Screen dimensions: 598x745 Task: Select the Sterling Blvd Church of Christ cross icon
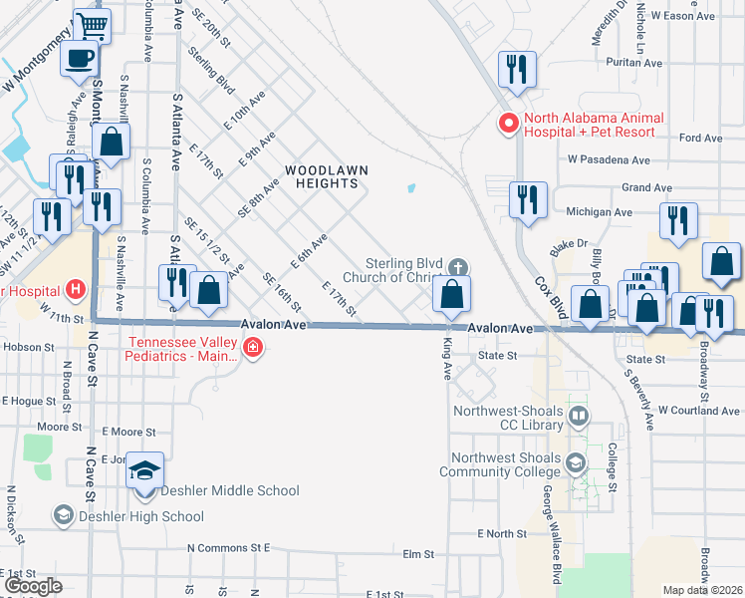point(457,266)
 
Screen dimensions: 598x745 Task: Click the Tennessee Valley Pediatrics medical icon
point(254,347)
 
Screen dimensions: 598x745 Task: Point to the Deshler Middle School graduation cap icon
point(145,469)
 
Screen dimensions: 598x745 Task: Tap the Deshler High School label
point(140,516)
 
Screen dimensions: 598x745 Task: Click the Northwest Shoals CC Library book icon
point(578,414)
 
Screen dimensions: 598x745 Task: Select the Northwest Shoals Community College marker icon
point(576,462)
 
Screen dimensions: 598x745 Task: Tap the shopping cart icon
point(92,24)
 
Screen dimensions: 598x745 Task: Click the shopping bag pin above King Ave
point(451,293)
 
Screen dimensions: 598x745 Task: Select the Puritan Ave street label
point(640,63)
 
